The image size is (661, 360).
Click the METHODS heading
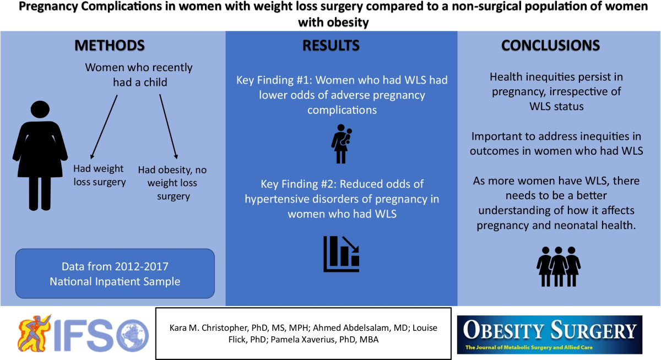[110, 45]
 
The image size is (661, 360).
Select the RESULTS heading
[331, 45]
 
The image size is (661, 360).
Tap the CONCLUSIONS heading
[551, 45]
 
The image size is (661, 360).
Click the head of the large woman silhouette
[40, 110]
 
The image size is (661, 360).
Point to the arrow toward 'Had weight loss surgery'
[104, 127]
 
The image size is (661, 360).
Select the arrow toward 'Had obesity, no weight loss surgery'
[169, 127]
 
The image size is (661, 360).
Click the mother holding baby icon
[342, 144]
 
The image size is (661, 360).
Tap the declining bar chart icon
[342, 254]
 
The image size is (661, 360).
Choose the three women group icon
[559, 266]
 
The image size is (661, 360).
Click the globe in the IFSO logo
[133, 336]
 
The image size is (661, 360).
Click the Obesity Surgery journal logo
[550, 335]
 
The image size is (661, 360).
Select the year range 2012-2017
[142, 266]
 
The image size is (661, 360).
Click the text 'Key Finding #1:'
[274, 80]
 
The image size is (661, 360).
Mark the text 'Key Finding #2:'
[299, 184]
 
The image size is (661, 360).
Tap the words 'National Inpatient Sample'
[115, 282]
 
